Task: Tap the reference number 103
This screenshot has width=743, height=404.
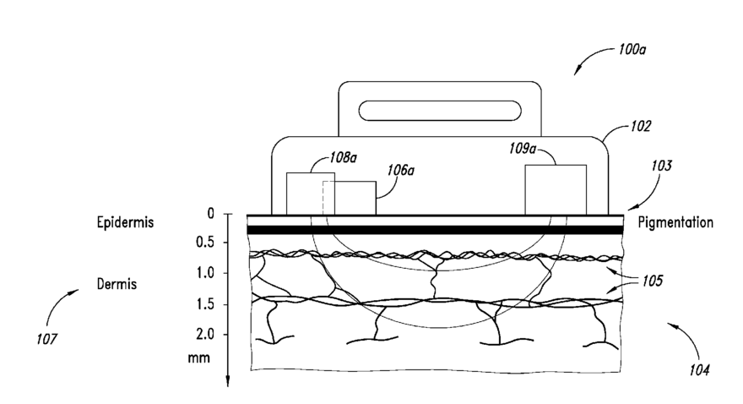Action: click(661, 167)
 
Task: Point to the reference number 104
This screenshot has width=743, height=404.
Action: click(697, 369)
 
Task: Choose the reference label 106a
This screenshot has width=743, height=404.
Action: click(400, 170)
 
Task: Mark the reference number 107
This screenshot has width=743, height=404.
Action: click(48, 340)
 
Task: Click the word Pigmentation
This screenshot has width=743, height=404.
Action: click(675, 223)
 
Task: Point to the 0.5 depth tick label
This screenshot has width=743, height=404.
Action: click(205, 243)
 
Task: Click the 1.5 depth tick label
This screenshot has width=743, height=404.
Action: click(205, 303)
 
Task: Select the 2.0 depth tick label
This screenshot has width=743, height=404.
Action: click(205, 335)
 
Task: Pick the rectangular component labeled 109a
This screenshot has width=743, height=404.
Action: click(556, 189)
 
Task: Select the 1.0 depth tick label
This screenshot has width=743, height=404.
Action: click(205, 273)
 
